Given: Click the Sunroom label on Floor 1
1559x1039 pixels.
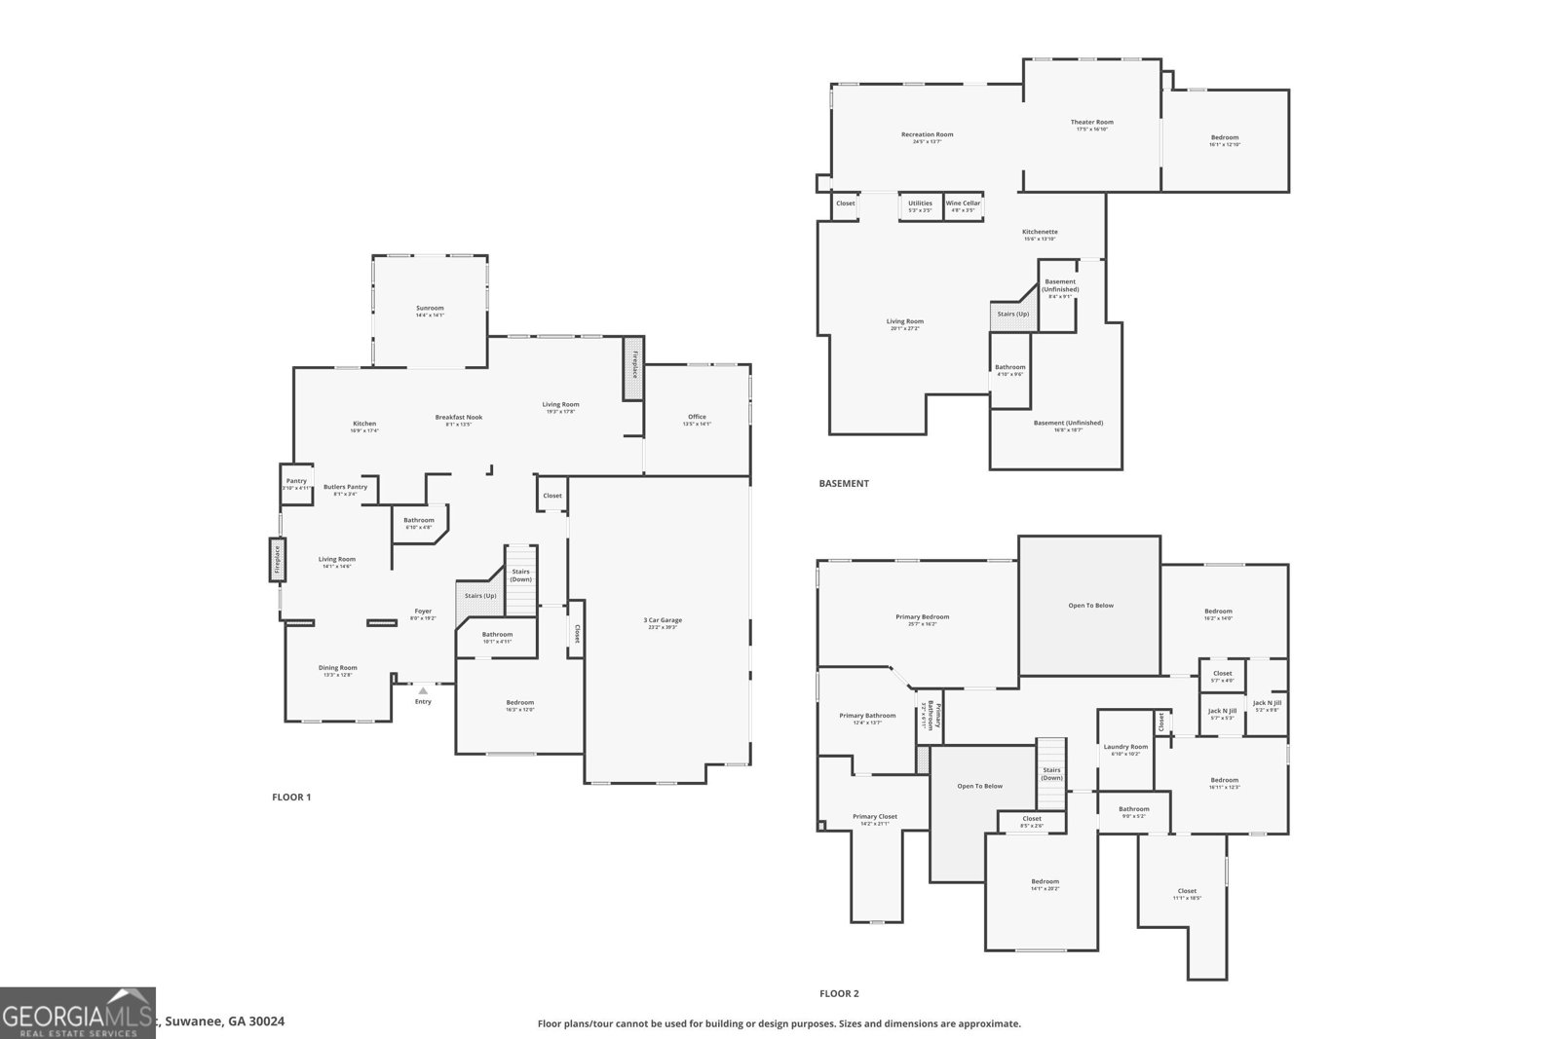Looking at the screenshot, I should (430, 309).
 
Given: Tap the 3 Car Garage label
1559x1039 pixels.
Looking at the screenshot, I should (663, 620).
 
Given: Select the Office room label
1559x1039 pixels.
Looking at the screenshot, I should (697, 418).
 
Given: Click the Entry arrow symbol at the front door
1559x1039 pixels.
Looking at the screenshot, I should (423, 691).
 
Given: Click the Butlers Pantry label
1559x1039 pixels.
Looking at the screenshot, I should (345, 488).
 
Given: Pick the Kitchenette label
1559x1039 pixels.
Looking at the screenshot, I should (1040, 233).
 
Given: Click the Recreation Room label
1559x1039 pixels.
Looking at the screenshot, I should (927, 135).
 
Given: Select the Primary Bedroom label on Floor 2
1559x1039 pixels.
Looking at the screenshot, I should (922, 617).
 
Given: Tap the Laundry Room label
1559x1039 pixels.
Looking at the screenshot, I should (1125, 748).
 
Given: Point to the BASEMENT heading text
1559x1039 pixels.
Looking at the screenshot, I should (844, 483).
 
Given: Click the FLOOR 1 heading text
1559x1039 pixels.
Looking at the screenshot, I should (291, 797).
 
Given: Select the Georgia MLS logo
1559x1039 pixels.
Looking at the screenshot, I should (77, 1013).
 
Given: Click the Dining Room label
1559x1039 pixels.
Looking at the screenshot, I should (337, 669).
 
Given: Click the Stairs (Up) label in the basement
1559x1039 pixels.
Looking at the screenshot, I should (1012, 315).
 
